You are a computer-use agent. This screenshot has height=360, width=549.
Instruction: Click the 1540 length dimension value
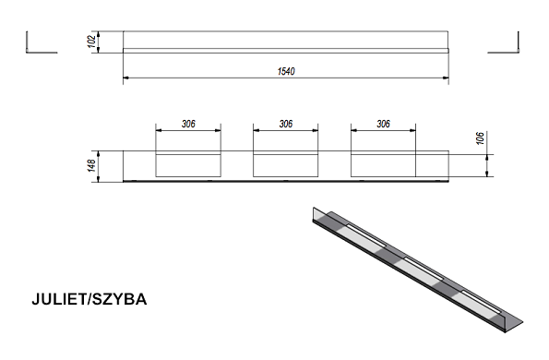click(x=286, y=71)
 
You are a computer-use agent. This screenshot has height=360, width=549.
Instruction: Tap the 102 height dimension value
click(x=91, y=42)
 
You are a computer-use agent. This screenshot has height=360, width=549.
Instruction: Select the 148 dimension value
click(x=91, y=165)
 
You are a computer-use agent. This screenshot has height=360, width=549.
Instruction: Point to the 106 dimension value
click(x=480, y=138)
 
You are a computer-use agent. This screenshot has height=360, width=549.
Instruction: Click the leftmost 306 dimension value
click(x=188, y=124)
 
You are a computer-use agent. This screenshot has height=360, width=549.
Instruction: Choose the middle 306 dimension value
click(x=286, y=124)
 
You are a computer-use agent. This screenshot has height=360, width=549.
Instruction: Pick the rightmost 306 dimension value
click(x=384, y=124)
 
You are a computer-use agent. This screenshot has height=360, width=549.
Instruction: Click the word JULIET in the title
click(x=58, y=299)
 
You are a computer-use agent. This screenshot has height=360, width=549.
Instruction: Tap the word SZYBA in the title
click(x=119, y=299)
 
